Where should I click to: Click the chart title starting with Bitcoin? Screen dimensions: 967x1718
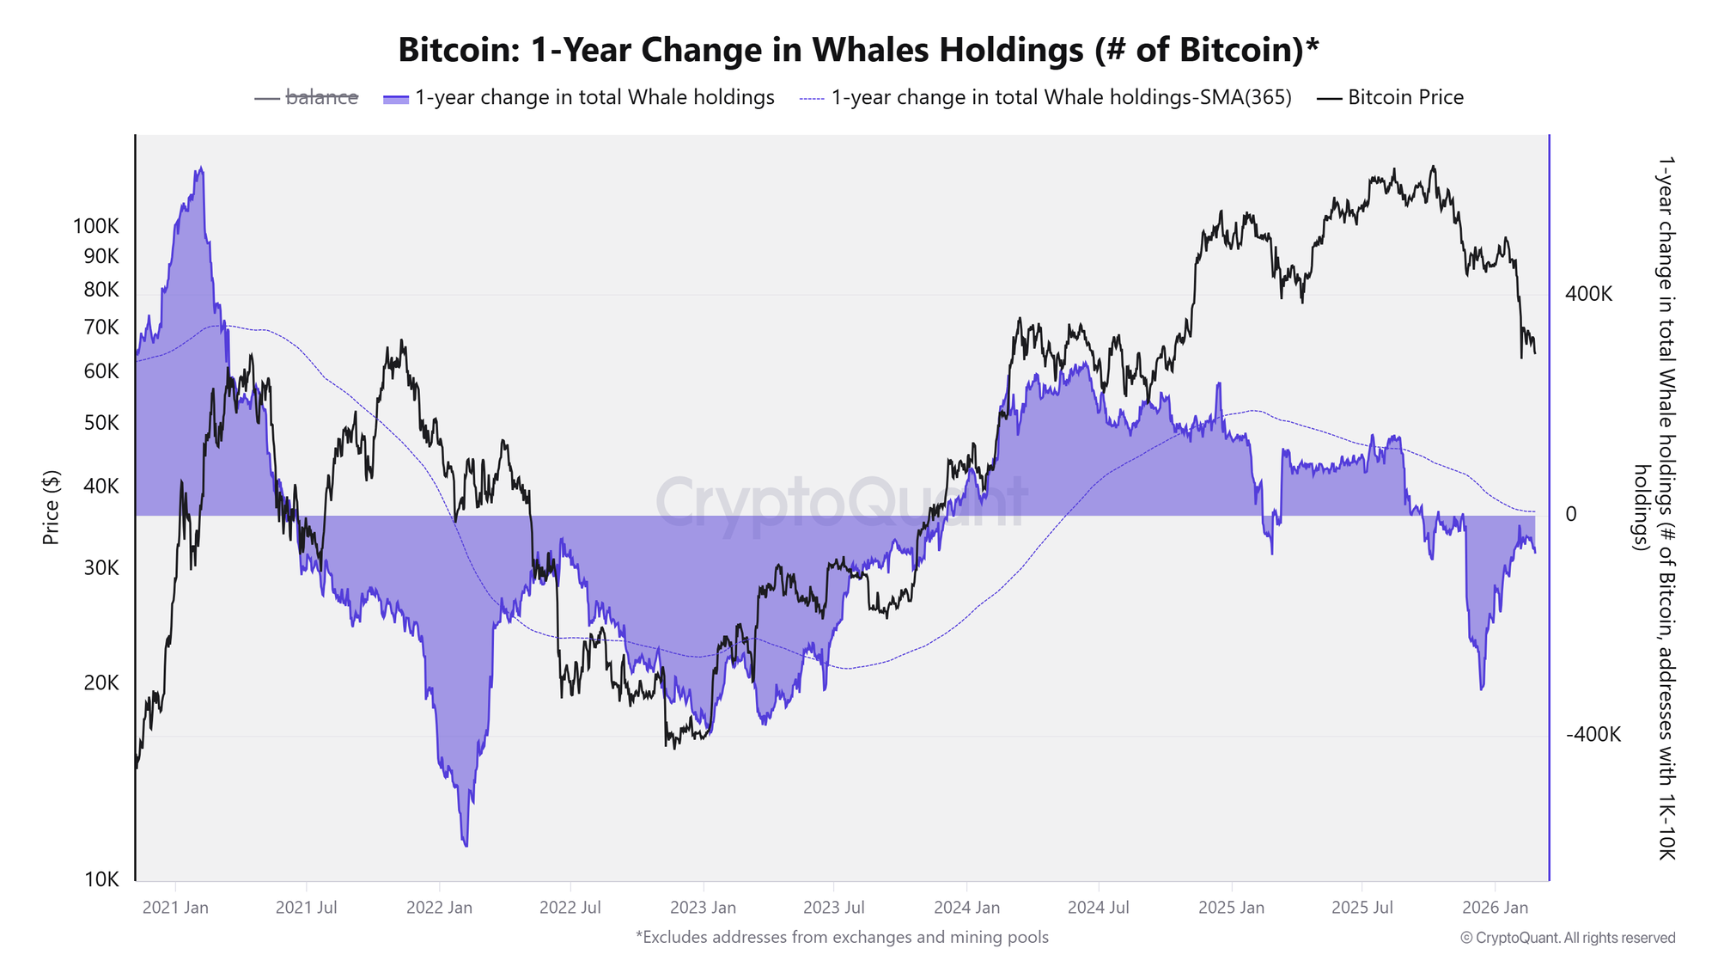tap(858, 50)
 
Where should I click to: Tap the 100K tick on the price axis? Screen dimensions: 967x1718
tap(96, 227)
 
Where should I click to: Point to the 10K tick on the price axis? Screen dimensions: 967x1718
tap(101, 879)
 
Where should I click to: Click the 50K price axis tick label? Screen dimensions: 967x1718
tap(101, 423)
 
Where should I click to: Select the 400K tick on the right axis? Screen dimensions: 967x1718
tap(1588, 294)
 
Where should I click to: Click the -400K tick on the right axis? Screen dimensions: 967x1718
tap(1593, 735)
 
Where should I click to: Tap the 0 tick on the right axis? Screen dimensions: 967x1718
tap(1571, 514)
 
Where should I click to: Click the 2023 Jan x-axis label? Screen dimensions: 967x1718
tap(703, 908)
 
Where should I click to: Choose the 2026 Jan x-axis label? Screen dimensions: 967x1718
tap(1496, 908)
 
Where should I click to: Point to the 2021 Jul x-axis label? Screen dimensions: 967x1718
tap(306, 908)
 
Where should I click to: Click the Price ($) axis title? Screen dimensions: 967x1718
tap(52, 507)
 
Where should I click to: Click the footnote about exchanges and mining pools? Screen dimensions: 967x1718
tap(842, 937)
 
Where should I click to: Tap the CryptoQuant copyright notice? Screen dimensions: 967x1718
tap(1568, 938)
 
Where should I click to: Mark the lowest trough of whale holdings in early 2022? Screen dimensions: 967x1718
tap(466, 844)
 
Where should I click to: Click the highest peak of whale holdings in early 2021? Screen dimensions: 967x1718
tap(200, 169)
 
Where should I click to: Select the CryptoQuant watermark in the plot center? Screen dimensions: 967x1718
tap(842, 502)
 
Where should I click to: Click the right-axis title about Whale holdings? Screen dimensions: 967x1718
tap(1654, 507)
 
